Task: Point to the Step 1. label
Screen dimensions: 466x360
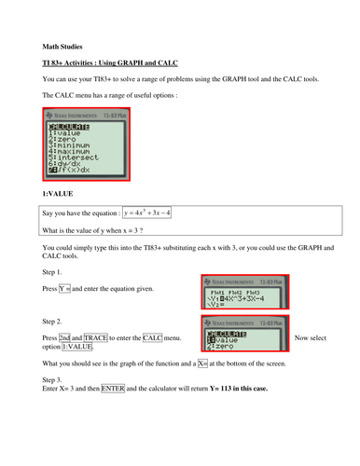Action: (x=55, y=272)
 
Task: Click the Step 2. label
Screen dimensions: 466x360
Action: (x=55, y=322)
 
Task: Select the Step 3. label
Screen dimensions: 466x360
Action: (x=55, y=379)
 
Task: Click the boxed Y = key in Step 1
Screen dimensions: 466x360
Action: (x=64, y=288)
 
